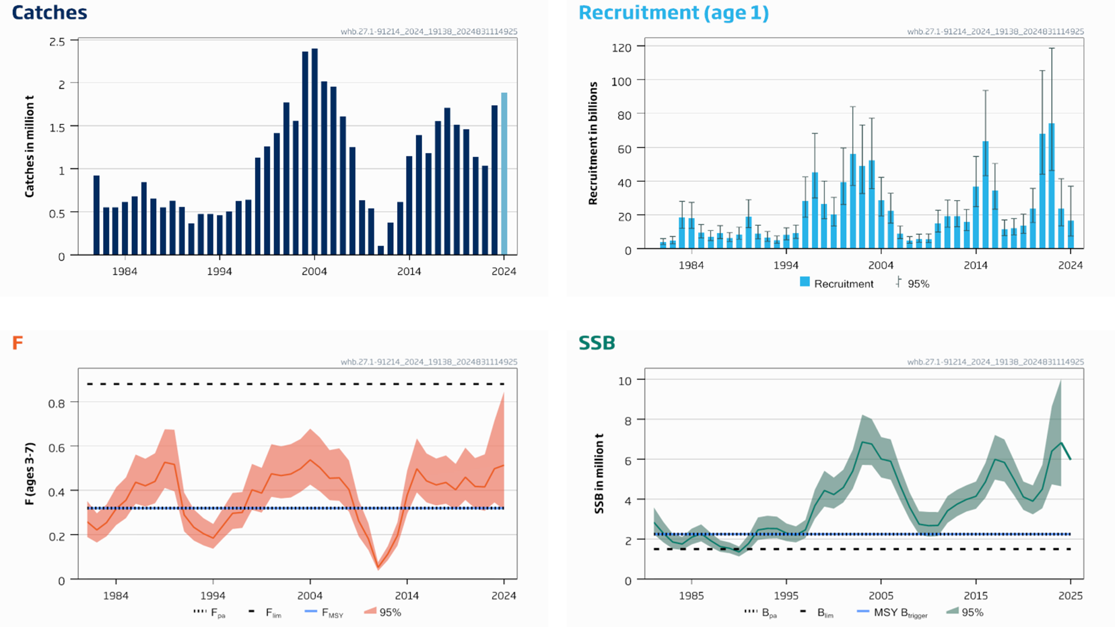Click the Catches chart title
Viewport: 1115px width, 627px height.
(49, 13)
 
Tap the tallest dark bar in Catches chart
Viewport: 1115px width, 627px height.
(315, 151)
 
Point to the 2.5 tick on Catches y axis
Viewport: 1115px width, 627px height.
(57, 42)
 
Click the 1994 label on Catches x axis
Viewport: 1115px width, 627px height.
(219, 271)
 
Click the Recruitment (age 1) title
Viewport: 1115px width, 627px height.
(673, 13)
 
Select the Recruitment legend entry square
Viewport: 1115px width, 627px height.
(804, 282)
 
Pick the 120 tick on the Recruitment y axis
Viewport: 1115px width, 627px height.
(621, 48)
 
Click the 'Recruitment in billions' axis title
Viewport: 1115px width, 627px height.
(593, 143)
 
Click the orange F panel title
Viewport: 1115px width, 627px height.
(18, 343)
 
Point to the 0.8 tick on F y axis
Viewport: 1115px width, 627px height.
(56, 403)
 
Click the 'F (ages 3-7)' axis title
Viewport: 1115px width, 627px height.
(30, 474)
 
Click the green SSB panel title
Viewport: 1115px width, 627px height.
(597, 343)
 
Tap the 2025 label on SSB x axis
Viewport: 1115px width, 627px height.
(1070, 596)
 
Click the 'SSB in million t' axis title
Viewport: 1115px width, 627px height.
(599, 474)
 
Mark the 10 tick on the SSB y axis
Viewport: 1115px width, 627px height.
(625, 381)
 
